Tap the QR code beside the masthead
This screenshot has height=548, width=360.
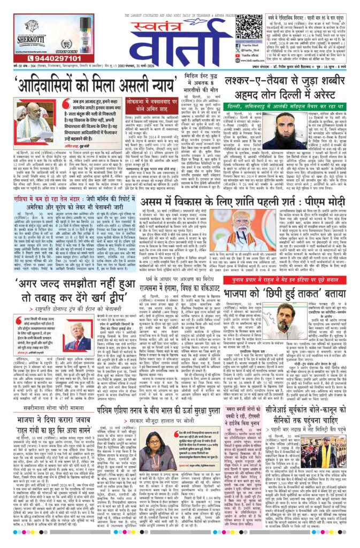tap(249, 26)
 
